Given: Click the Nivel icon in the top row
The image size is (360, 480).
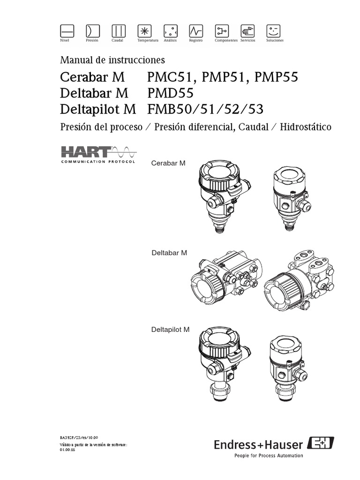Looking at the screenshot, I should click(x=67, y=30).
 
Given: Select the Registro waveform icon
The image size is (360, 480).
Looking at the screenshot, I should click(x=195, y=30).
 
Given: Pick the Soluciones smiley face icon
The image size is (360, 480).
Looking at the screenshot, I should click(x=273, y=30).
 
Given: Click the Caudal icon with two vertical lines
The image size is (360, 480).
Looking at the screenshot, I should click(x=118, y=30).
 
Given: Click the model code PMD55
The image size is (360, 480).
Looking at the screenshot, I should click(x=167, y=93).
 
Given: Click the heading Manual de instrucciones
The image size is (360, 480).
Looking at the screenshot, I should click(x=112, y=60).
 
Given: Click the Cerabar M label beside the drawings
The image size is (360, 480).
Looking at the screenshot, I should click(x=168, y=163).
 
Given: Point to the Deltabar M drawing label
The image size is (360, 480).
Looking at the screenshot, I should click(x=169, y=253).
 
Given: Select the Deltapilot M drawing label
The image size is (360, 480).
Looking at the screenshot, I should click(x=170, y=330).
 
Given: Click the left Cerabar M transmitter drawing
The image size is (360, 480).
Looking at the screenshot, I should click(x=221, y=192).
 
